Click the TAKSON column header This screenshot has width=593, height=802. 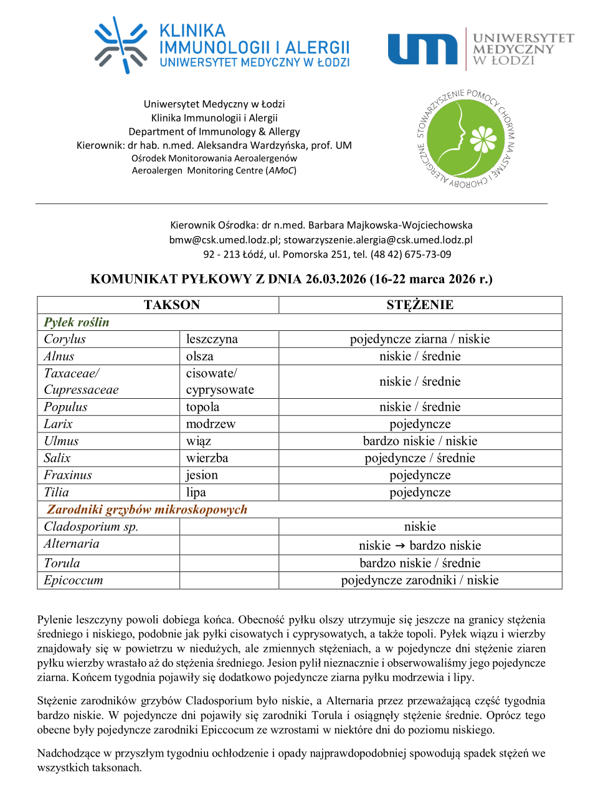172,305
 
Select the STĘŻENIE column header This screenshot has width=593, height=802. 420,305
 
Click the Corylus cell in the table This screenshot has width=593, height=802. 65,339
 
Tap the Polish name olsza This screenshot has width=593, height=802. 200,356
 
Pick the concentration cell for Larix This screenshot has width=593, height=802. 420,424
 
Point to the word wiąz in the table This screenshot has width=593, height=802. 199,441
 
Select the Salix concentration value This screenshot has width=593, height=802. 420,458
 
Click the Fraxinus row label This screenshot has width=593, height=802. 68,475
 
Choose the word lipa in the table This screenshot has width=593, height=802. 196,492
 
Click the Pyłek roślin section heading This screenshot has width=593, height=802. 77,322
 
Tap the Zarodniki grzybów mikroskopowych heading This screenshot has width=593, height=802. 147,509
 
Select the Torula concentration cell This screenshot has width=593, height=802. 420,563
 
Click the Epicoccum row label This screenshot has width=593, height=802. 74,580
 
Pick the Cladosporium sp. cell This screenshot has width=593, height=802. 91,527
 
